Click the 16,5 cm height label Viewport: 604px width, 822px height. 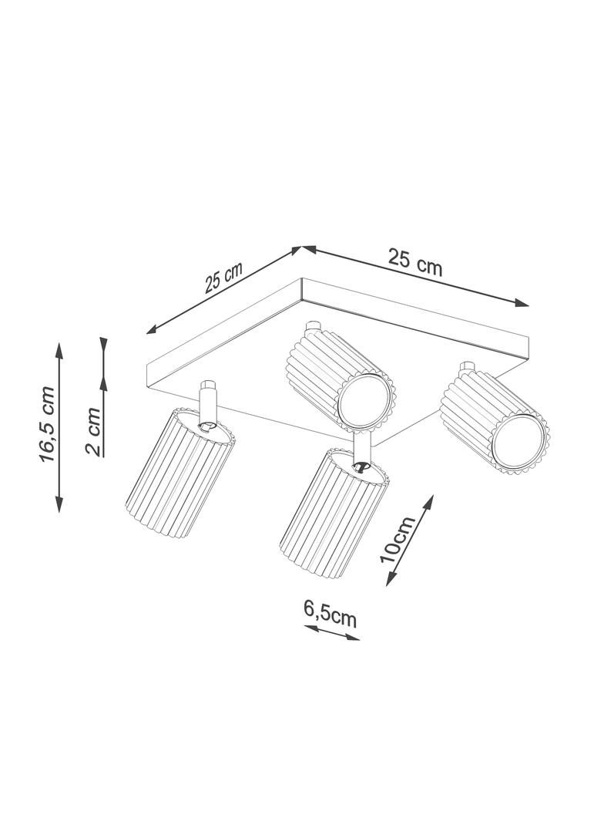[47, 424]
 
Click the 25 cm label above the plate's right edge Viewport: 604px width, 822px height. [415, 262]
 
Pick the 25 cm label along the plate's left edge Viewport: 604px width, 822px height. [223, 278]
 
